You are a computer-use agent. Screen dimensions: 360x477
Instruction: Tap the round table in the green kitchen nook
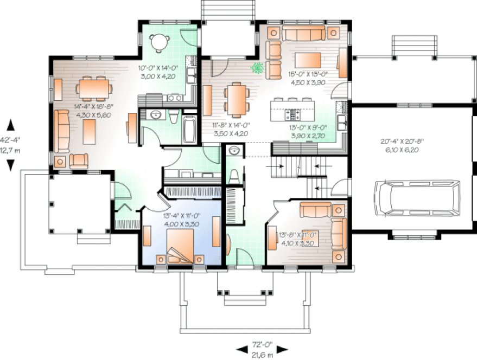[x=158, y=42]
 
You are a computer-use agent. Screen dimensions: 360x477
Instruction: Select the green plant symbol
[x=258, y=68]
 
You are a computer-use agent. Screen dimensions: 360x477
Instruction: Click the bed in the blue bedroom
[x=179, y=247]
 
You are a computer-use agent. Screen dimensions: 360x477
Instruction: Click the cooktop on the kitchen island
[x=294, y=114]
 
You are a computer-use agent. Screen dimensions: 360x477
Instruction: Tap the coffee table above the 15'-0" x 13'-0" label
[x=308, y=59]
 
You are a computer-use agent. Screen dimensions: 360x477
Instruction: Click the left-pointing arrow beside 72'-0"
[x=239, y=349]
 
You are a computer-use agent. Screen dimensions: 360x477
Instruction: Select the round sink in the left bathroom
[x=155, y=114]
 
